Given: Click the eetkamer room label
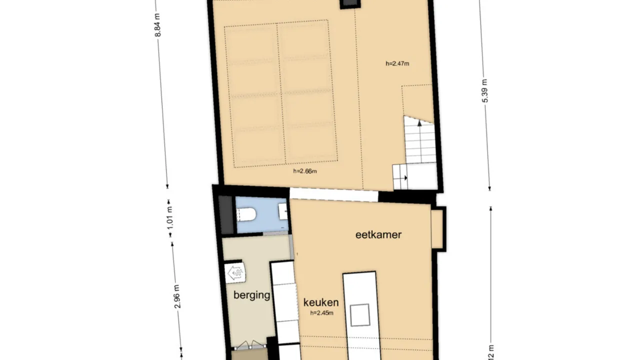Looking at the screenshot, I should tap(378, 234).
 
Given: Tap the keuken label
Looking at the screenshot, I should tap(321, 302).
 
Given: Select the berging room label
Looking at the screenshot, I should tap(252, 295).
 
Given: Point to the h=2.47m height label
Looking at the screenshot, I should tap(397, 63).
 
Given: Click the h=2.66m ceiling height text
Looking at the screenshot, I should tap(305, 171).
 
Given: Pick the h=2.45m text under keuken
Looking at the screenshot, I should tap(321, 313).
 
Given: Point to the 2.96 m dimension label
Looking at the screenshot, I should tap(177, 297).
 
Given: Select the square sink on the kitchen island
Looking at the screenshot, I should tap(359, 314).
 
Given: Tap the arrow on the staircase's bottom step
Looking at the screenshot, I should tap(405, 177).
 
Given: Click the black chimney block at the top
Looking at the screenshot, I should tap(349, 4).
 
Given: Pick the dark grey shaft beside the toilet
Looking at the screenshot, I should tap(226, 215).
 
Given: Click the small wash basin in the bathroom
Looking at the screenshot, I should tap(283, 211).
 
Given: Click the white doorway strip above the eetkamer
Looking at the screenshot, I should tap(333, 194).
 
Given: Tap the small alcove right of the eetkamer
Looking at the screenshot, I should tap(437, 228).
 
